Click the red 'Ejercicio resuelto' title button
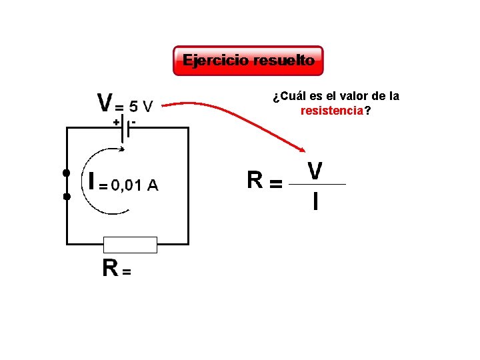coord(248,61)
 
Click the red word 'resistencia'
coord(332,111)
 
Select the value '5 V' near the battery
coord(141,106)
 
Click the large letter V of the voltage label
coord(105,103)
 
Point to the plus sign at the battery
coord(116,123)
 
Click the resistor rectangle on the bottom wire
coord(130,245)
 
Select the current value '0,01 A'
coord(134,185)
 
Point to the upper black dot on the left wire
coord(67,173)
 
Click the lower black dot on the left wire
coord(67,197)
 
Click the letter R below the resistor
coord(110,268)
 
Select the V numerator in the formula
coord(315,171)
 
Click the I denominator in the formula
coord(315,201)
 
